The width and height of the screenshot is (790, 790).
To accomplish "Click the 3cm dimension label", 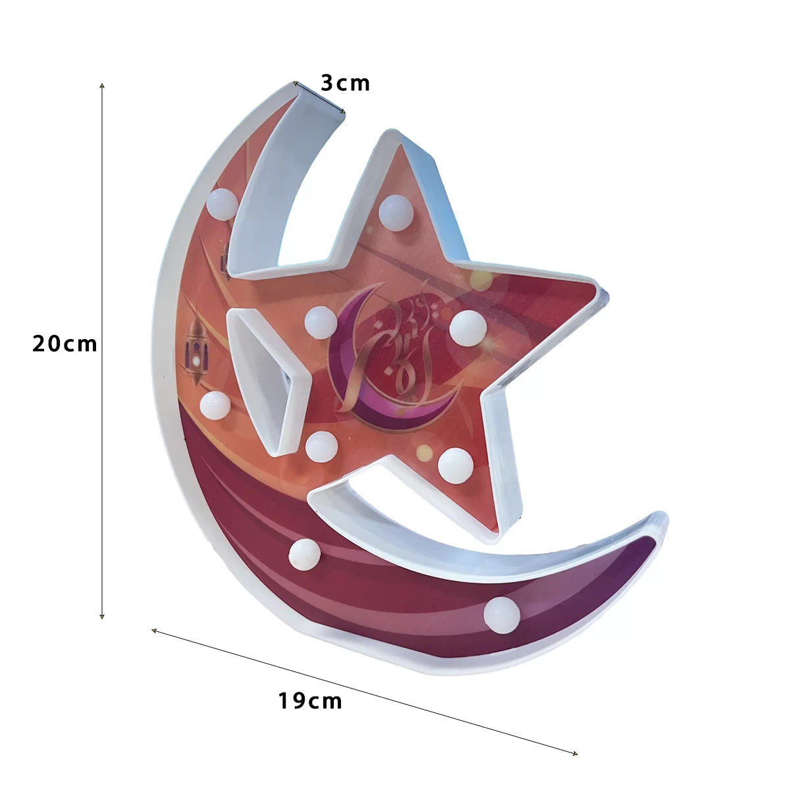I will [345, 84].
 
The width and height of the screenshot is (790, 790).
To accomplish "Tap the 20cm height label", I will [65, 344].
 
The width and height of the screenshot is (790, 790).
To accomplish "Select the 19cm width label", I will [309, 701].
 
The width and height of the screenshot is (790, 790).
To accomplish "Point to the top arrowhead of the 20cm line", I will [102, 85].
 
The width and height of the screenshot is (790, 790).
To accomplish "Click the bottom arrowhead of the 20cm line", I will [102, 617].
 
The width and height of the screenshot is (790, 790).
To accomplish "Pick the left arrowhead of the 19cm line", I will [154, 631].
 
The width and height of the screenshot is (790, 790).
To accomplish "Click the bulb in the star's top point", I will [396, 212].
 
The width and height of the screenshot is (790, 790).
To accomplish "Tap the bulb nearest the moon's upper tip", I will [223, 204].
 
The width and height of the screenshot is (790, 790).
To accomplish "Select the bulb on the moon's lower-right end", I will [502, 615].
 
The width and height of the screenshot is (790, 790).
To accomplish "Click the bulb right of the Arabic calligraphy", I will [468, 328].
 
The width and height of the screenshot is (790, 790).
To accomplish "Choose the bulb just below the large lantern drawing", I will [215, 406].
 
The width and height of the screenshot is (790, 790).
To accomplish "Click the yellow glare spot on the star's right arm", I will [481, 279].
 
